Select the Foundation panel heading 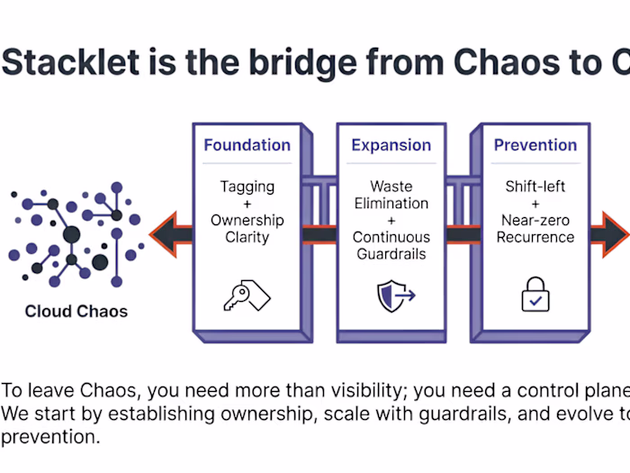(247, 145)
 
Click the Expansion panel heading (391, 145)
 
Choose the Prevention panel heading (535, 145)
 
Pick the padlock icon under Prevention (535, 295)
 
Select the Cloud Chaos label (76, 313)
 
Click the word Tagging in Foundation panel (247, 186)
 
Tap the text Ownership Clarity (247, 229)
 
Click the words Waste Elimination (391, 195)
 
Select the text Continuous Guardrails (391, 246)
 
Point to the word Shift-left (535, 186)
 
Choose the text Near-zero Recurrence (535, 229)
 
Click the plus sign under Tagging (247, 204)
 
